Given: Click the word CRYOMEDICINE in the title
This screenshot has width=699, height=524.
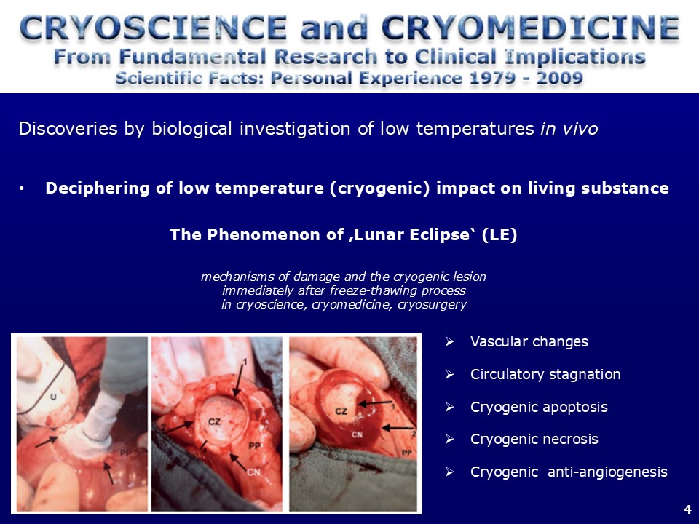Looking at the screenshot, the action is pos(530,28).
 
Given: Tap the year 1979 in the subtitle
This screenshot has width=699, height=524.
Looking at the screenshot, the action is pos(497,79).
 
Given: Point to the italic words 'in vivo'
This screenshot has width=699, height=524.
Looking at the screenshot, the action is pos(569,129).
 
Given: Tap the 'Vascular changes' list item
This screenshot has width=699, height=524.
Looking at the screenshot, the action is pos(529,342).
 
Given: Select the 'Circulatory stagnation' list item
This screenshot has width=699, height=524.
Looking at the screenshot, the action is pos(545,374).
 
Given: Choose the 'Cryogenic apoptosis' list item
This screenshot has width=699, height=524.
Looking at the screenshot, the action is pos(539,408).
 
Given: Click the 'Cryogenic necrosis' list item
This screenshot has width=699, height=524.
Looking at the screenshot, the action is pos(534,440).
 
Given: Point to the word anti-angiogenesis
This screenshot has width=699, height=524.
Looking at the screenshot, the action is pos(607,472).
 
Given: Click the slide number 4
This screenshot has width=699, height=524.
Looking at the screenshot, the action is pos(687,509).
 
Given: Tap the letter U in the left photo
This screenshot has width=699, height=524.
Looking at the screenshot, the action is pos(53,396).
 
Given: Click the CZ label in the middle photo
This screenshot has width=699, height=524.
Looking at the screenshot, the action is pos(214,421).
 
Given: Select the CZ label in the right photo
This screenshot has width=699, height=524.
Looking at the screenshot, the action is pos(341,410).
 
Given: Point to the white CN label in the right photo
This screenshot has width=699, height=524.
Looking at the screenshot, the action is pos(357,434).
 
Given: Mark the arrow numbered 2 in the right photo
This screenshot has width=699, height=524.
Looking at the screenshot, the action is pos(398,428).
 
